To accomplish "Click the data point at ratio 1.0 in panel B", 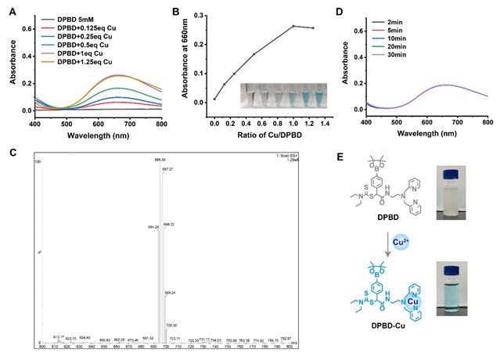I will coord(293,26).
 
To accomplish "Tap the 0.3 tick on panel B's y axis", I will coord(197,14).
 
